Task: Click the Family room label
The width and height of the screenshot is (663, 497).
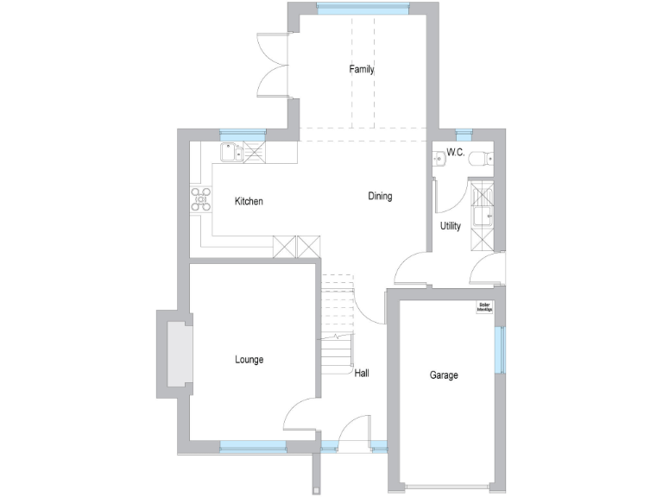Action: [x=362, y=69]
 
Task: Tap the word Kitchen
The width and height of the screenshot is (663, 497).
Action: [x=249, y=201]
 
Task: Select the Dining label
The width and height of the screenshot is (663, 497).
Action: [x=380, y=196]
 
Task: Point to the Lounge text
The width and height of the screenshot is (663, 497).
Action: [x=249, y=359]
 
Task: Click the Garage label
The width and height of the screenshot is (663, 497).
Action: [x=444, y=375]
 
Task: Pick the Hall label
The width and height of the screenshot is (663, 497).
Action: [x=362, y=374]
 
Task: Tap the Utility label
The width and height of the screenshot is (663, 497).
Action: [x=451, y=226]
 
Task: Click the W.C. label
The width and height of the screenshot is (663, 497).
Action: [x=456, y=153]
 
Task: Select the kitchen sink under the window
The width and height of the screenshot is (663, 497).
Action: [x=230, y=153]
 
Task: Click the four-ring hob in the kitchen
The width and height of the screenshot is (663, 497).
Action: [x=201, y=199]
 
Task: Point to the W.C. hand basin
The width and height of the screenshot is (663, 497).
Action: [x=438, y=156]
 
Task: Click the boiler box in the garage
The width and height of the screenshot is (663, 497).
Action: [x=484, y=308]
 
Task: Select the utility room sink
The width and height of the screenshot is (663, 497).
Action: [x=481, y=214]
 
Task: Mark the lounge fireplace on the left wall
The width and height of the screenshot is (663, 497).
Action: [x=177, y=355]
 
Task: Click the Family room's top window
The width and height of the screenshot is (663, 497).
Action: [x=362, y=8]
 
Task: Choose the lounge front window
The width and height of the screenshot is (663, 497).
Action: [x=252, y=445]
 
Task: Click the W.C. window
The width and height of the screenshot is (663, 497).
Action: [x=464, y=135]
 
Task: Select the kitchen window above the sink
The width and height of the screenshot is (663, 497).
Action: [x=243, y=134]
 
